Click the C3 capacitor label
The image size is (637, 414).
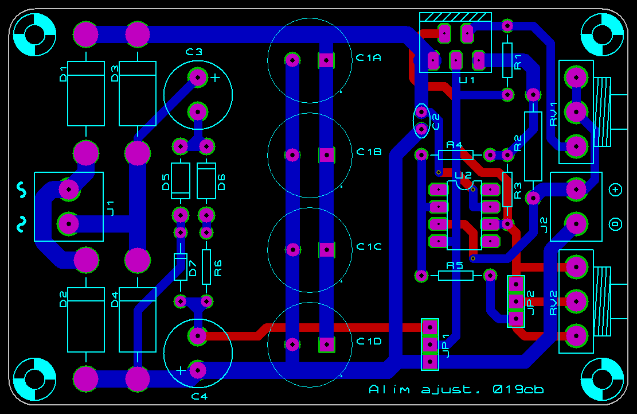click(194, 52)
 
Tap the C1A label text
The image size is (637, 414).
click(369, 57)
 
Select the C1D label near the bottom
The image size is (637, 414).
click(369, 342)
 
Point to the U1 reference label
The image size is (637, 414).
click(467, 80)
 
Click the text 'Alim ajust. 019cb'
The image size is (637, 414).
click(456, 389)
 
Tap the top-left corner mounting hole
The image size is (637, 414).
click(34, 34)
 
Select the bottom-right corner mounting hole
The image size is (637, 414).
click(602, 379)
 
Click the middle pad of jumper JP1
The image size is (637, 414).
click(429, 344)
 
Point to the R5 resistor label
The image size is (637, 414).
click(455, 265)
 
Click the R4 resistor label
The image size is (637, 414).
click(455, 145)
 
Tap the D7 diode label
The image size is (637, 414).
click(193, 267)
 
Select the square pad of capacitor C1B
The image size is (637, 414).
click(326, 154)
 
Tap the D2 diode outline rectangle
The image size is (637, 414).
click(86, 319)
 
